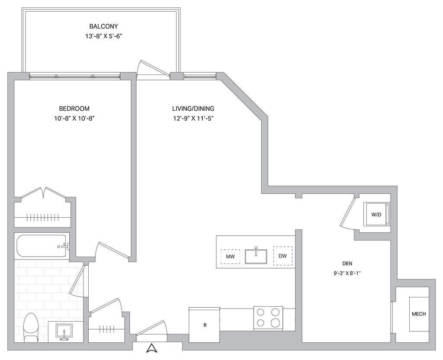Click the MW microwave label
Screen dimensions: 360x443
pyautogui.click(x=230, y=257)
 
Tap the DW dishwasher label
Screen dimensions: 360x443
pyautogui.click(x=282, y=256)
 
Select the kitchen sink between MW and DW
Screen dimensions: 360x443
pyautogui.click(x=256, y=256)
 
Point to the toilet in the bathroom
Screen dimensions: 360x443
pyautogui.click(x=30, y=328)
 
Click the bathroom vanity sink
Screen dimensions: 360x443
pyautogui.click(x=65, y=332)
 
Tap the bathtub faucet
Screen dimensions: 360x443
pyautogui.click(x=64, y=246)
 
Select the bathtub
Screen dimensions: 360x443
pyautogui.click(x=41, y=246)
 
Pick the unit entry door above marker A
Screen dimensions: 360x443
pyautogui.click(x=151, y=327)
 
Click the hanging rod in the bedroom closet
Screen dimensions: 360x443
pyautogui.click(x=42, y=217)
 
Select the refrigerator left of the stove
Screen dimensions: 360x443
pyautogui.click(x=205, y=323)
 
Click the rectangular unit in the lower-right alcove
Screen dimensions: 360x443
pyautogui.click(x=418, y=314)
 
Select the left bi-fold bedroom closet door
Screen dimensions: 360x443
pyautogui.click(x=31, y=193)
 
